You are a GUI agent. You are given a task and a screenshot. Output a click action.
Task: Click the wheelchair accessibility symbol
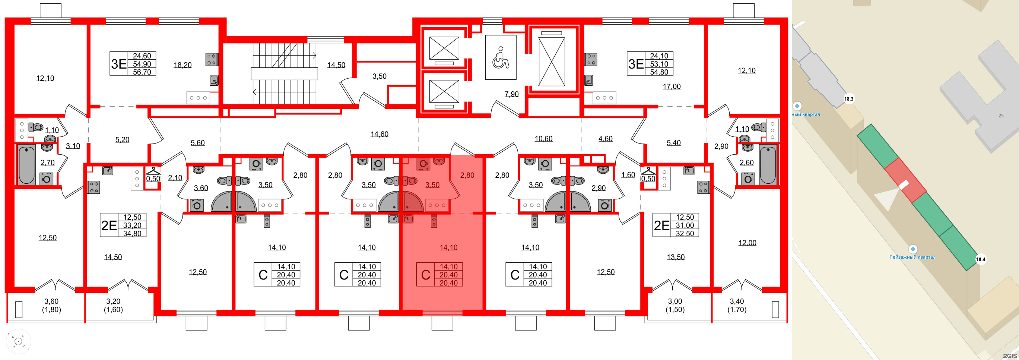coord(501,58)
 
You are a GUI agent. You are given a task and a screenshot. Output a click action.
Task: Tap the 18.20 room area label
coord(182,65)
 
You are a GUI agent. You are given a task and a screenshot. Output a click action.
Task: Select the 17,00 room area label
coord(671,86)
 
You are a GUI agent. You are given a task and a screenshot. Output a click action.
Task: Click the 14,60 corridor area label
coord(379,134)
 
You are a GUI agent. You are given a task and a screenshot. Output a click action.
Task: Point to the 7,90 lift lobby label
coord(511,94)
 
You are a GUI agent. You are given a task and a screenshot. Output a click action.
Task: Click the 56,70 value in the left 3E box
coord(142,72)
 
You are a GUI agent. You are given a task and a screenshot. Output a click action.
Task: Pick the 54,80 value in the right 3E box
coord(658,72)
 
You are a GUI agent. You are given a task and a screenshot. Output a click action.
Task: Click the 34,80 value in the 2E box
coord(132,233)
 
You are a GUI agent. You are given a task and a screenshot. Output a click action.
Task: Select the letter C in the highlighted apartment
coord(425,275)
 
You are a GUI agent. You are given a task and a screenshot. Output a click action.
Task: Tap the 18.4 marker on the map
coord(980,259)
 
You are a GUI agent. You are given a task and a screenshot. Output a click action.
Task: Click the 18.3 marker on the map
coord(848,99)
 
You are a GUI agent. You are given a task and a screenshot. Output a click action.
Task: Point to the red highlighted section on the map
coord(905,180)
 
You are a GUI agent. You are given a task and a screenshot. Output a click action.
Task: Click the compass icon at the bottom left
coord(18,341)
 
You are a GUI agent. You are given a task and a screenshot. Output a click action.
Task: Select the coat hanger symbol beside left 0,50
coord(153,171)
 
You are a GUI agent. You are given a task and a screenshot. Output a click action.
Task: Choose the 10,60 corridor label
coord(543,139)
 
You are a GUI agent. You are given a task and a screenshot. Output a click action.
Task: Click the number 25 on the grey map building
coord(1001,116)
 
